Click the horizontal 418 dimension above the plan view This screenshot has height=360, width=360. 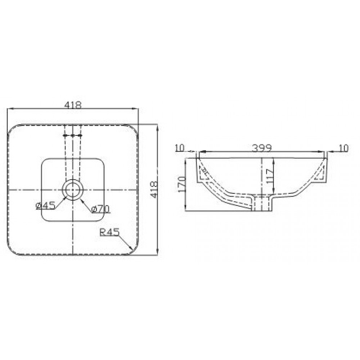tap(73, 105)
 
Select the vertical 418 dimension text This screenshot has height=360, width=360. tap(154, 189)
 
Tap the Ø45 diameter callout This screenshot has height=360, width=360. tap(45, 206)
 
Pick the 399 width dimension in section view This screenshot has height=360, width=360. tap(262, 148)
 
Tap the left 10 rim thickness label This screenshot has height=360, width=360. tap(179, 148)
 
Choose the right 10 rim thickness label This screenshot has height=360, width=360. tap(344, 148)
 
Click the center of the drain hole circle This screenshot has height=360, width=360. tap(73, 189)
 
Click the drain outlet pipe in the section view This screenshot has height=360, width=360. tap(262, 203)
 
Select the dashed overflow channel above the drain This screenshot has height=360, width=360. tap(73, 151)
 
